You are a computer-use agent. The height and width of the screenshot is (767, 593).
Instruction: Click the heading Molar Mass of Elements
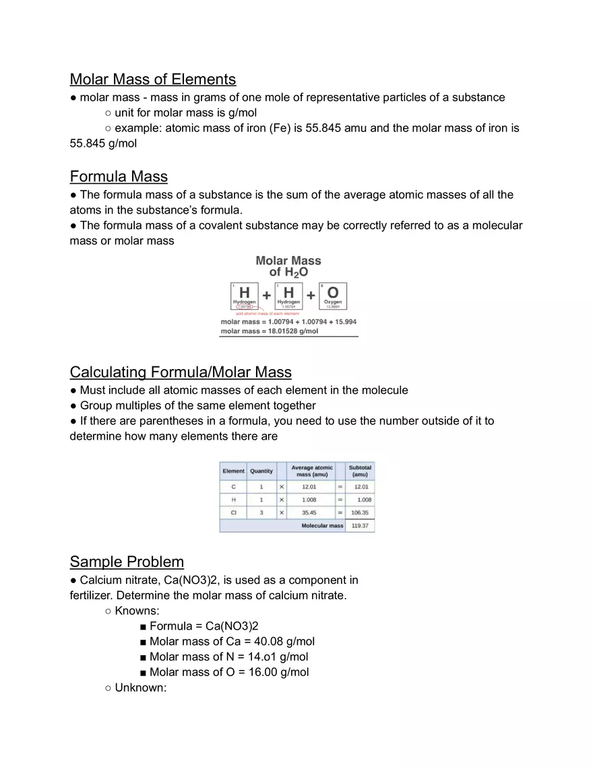tap(152, 79)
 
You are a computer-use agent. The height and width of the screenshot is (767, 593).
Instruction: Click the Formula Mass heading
tap(119, 176)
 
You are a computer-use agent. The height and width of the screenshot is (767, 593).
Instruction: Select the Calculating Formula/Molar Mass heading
tap(181, 372)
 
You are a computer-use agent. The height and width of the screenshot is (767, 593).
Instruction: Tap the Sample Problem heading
tap(127, 562)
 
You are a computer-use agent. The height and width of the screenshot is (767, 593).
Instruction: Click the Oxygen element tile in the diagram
tap(333, 296)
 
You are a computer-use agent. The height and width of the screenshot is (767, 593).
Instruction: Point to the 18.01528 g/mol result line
tap(270, 331)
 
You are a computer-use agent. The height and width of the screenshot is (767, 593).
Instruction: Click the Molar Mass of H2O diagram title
tap(288, 266)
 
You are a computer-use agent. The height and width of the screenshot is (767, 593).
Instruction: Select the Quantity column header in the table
tap(261, 471)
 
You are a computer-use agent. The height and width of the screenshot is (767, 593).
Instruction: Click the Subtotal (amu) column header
tap(360, 471)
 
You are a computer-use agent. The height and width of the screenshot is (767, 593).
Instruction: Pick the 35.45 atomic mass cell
tap(309, 512)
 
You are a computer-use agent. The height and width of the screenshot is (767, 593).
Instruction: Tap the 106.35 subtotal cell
tap(360, 512)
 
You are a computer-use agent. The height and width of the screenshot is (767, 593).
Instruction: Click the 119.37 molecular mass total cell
tap(360, 526)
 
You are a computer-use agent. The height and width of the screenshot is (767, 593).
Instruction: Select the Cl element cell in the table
tap(233, 512)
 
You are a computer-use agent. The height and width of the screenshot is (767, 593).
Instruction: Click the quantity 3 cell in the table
tap(261, 512)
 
